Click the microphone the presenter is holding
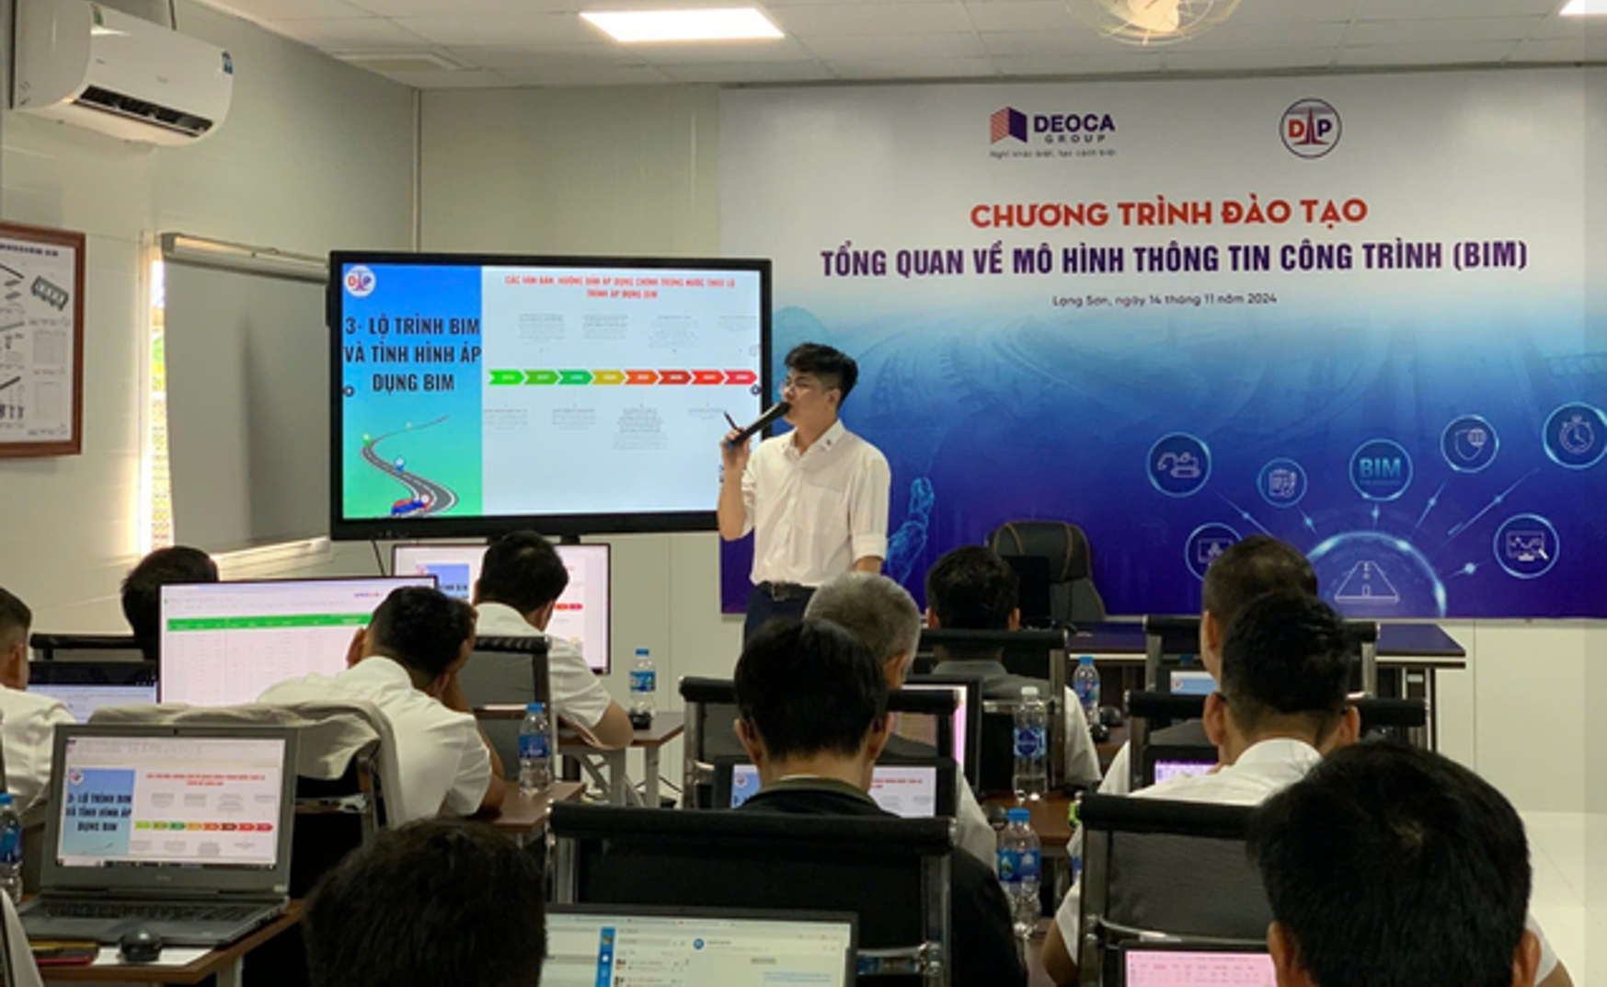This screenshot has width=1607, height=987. tap(759, 422)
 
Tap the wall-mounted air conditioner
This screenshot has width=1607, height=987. tap(121, 72)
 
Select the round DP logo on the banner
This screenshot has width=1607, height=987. tap(1310, 128)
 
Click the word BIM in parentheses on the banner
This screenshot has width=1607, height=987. tap(1490, 255)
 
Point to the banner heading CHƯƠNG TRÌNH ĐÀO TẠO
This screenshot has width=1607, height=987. tap(1168, 212)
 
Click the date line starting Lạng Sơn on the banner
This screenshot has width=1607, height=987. tap(1164, 299)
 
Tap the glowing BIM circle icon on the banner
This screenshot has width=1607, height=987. tap(1380, 469)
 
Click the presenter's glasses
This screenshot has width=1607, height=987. tap(807, 385)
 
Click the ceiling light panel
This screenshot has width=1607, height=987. tap(681, 23)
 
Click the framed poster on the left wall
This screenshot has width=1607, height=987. tap(39, 339)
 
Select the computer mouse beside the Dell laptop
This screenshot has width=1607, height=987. tap(141, 944)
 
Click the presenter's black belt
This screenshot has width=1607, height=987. tap(784, 591)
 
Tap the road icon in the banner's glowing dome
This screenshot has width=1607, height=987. tap(1366, 581)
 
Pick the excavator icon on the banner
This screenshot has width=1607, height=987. tap(1179, 465)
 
